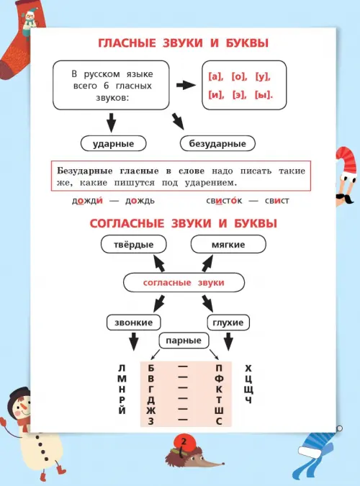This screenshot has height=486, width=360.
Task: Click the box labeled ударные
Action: click(113, 143)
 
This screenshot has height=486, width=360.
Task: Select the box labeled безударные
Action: click(217, 143)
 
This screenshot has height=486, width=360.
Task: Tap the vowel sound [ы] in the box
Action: click(264, 95)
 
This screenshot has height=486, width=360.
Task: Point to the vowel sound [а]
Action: click(215, 76)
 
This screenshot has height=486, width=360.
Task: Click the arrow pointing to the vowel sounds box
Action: click(186, 85)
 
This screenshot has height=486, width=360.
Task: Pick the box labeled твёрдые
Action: click(134, 244)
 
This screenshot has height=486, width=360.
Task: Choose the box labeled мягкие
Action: click(228, 244)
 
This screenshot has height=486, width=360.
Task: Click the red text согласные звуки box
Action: click(184, 282)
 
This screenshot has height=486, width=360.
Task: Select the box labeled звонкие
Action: click(134, 323)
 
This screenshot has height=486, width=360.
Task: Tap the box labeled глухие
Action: click(228, 323)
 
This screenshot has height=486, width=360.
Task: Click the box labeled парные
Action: click(184, 341)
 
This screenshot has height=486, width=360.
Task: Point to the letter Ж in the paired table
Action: click(151, 410)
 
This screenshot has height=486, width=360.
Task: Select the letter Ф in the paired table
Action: click(219, 379)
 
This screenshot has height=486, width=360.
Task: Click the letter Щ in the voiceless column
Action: click(248, 390)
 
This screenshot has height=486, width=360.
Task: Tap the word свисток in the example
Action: click(224, 201)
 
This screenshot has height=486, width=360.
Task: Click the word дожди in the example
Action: click(87, 200)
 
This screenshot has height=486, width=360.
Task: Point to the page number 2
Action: click(184, 441)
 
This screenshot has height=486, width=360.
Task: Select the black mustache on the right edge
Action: click(345, 199)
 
